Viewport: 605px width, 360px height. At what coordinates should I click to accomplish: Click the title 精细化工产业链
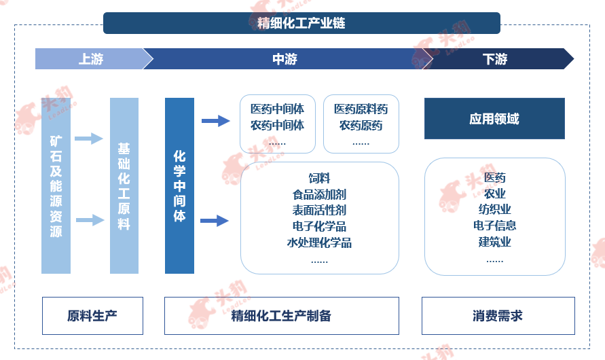pyautogui.click(x=301, y=23)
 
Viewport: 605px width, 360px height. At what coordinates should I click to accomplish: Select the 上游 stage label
pyautogui.click(x=91, y=59)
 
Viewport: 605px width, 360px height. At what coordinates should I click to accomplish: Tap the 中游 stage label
pyautogui.click(x=285, y=59)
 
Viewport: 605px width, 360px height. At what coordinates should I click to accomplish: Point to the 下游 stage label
pyautogui.click(x=494, y=59)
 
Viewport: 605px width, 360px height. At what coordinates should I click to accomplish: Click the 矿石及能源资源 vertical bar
pyautogui.click(x=56, y=185)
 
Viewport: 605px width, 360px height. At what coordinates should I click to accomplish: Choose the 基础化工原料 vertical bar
pyautogui.click(x=124, y=185)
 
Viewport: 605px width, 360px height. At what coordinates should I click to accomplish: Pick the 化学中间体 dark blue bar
pyautogui.click(x=179, y=185)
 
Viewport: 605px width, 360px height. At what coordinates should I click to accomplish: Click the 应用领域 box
pyautogui.click(x=494, y=118)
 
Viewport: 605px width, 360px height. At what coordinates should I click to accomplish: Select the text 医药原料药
pyautogui.click(x=361, y=109)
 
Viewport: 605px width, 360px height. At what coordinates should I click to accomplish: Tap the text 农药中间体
pyautogui.click(x=278, y=126)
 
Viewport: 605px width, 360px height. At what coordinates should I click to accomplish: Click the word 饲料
pyautogui.click(x=320, y=178)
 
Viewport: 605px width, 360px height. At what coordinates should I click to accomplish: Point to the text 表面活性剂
pyautogui.click(x=320, y=211)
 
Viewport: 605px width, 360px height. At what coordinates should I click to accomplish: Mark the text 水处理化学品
pyautogui.click(x=320, y=242)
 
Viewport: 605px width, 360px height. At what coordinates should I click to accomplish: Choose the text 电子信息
pyautogui.click(x=494, y=226)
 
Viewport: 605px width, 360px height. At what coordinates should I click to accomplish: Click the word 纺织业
pyautogui.click(x=494, y=209)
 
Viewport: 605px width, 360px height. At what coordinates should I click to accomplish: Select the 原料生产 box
pyautogui.click(x=92, y=316)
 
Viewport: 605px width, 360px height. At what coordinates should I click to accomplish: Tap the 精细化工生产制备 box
pyautogui.click(x=282, y=316)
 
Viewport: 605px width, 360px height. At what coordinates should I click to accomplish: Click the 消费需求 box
pyautogui.click(x=498, y=316)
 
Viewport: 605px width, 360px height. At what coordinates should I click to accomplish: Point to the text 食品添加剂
pyautogui.click(x=320, y=194)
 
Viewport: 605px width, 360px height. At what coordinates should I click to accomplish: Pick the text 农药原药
pyautogui.click(x=361, y=126)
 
